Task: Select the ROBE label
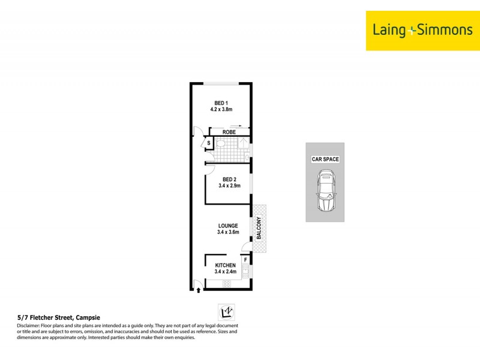click(x=228, y=132)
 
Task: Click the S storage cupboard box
click(x=208, y=143)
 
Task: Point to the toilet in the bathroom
click(x=220, y=144)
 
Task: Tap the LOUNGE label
click(x=227, y=226)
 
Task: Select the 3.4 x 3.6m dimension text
click(x=227, y=233)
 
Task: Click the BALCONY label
click(x=259, y=228)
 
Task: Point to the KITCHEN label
click(x=226, y=265)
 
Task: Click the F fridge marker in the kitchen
click(x=245, y=260)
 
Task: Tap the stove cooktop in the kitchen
click(x=227, y=284)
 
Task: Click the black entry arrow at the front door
click(x=199, y=291)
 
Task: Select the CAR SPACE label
click(x=325, y=160)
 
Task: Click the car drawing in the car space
click(x=325, y=191)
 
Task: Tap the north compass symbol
click(x=226, y=312)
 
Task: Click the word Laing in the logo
click(x=391, y=29)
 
